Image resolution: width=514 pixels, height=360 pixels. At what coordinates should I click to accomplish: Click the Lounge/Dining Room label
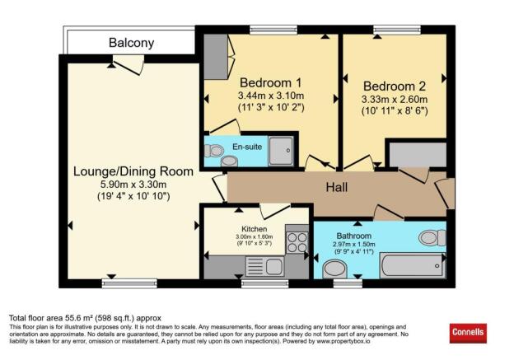pos(133,171)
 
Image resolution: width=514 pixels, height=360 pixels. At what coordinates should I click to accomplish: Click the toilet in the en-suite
pos(215,152)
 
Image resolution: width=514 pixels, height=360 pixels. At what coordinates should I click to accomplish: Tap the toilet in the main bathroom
pos(428,238)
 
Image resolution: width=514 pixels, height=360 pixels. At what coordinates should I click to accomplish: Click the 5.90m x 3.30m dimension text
pos(133,185)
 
